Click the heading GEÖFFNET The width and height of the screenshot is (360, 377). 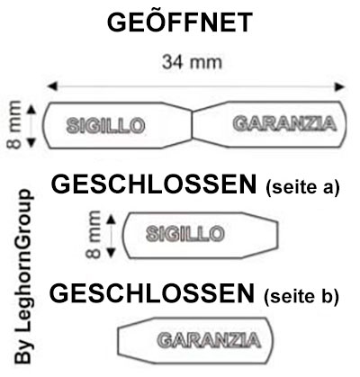tap(180, 22)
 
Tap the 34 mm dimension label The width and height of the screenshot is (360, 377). tap(192, 62)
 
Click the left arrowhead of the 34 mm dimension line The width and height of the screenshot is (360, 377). tap(52, 86)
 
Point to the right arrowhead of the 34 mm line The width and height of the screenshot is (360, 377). tap(339, 86)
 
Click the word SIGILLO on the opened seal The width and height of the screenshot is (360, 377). tap(106, 125)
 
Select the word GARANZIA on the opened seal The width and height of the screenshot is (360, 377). tap(284, 123)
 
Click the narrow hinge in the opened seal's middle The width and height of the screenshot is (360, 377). tap(192, 125)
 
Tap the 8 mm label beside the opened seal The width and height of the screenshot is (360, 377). tap(14, 124)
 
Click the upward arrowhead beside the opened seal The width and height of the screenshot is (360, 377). tap(31, 110)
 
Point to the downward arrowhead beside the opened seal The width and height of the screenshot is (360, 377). tap(31, 142)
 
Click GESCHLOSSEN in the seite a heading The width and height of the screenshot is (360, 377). tap(154, 184)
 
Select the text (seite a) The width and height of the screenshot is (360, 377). tap(302, 187)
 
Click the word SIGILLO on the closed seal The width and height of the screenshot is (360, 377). tap(185, 234)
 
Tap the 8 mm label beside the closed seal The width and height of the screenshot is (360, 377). tap(94, 234)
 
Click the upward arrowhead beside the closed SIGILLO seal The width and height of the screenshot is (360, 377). tap(111, 220)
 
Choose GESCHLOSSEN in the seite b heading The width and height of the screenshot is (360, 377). tap(152, 293)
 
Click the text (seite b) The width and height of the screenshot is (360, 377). tap(301, 296)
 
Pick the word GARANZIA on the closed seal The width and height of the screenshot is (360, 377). tap(209, 340)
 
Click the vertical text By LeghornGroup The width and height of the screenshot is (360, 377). tap(23, 276)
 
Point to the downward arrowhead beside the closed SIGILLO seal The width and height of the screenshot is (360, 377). tap(111, 253)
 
